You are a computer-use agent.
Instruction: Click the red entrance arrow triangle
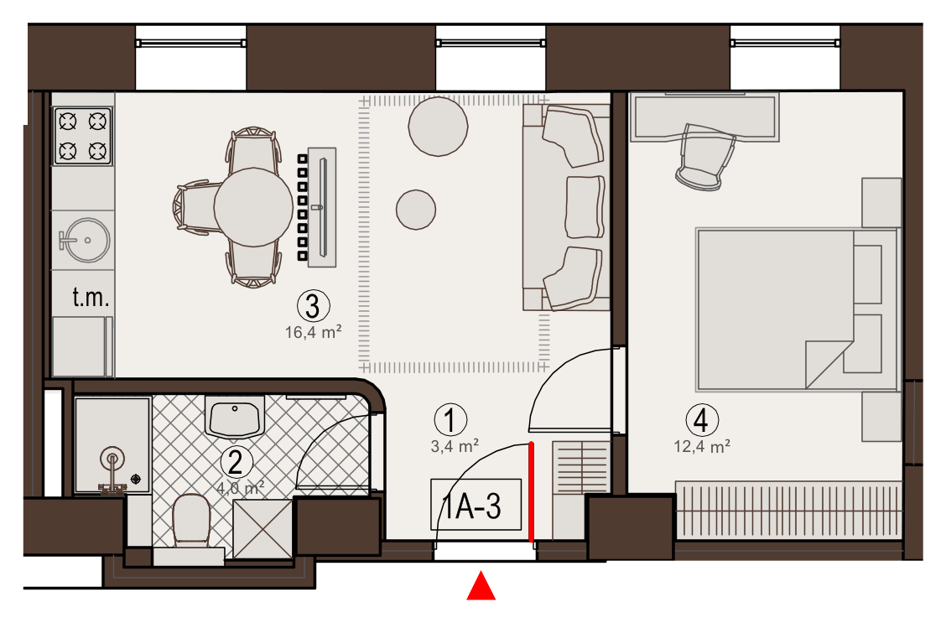[x=481, y=587]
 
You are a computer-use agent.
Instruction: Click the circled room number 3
[x=313, y=306]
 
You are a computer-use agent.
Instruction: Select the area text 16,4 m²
[x=313, y=332]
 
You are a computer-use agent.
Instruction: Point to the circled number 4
[x=702, y=420]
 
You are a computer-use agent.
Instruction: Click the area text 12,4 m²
[x=702, y=446]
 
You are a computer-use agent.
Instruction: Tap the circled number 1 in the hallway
[x=450, y=420]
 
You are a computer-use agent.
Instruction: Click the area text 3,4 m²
[x=455, y=446]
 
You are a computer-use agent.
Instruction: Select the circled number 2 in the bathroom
[x=236, y=463]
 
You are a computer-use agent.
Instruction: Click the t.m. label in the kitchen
[x=91, y=298]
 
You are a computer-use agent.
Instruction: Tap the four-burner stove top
[x=83, y=137]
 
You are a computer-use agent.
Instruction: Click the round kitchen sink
[x=86, y=240]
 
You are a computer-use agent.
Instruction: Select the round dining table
[x=253, y=207]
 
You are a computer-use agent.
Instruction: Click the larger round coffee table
[x=438, y=127]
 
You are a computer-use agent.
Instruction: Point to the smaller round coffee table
[x=416, y=210]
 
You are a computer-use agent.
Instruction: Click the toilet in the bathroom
[x=191, y=520]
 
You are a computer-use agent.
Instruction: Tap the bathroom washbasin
[x=235, y=416]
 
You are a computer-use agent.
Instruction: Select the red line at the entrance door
[x=532, y=492]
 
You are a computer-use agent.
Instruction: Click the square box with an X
[x=263, y=529]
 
